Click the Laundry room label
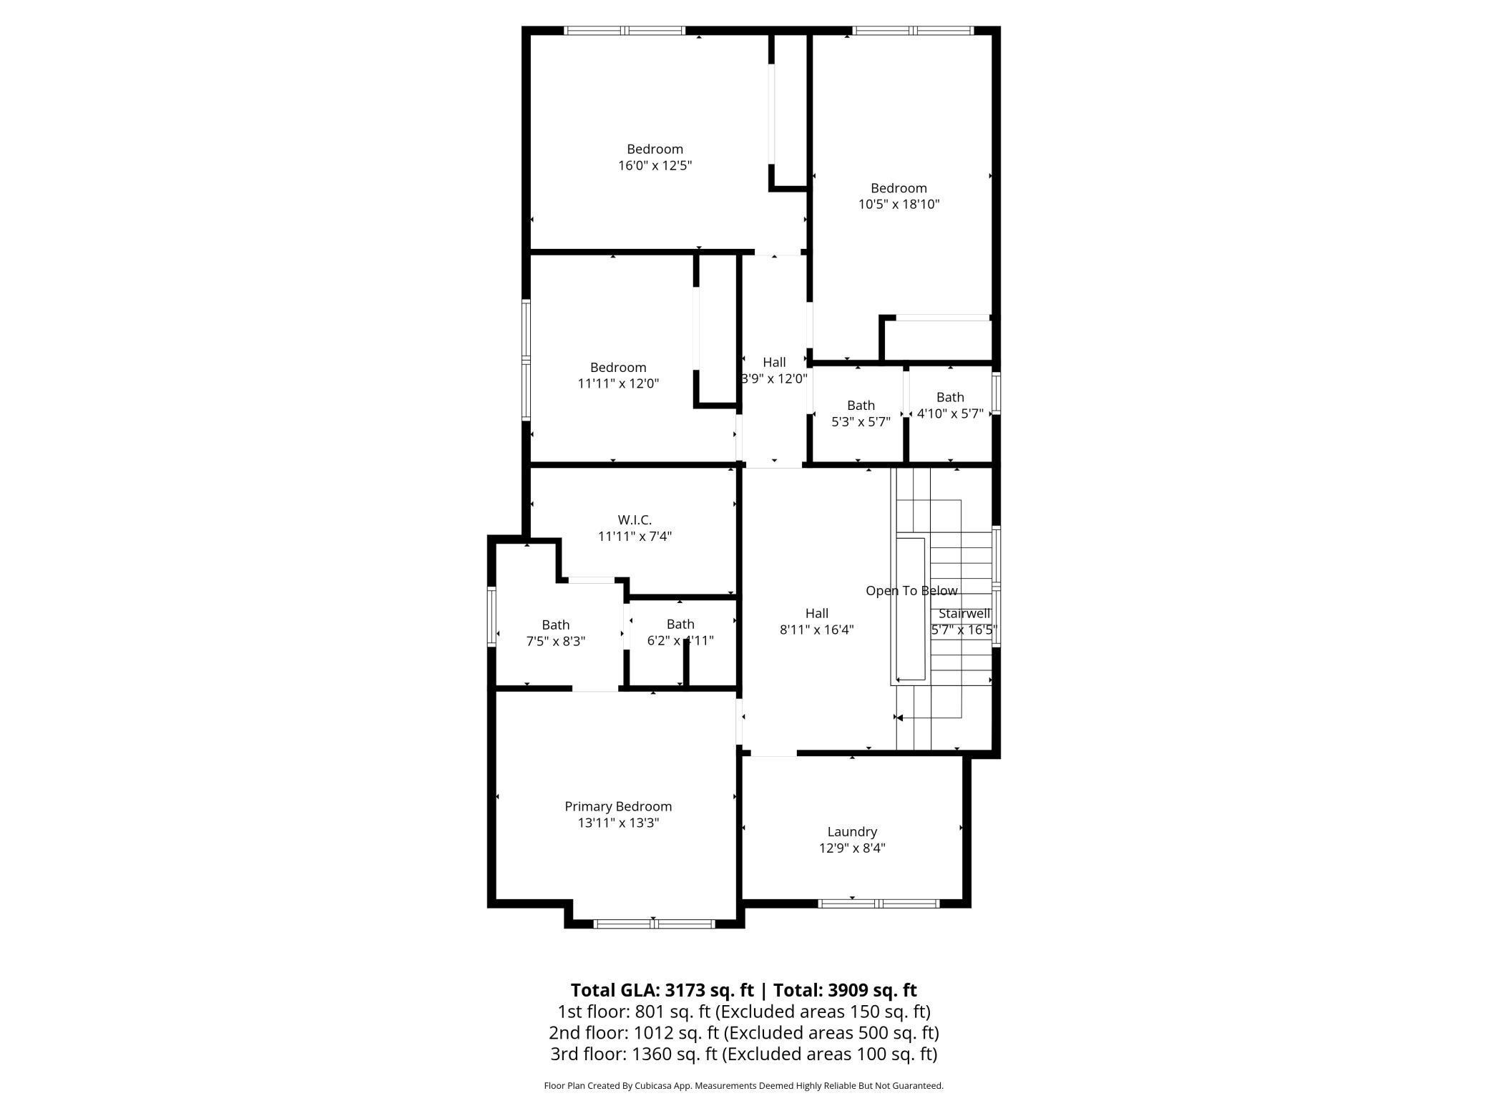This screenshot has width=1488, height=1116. [851, 831]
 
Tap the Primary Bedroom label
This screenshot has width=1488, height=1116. [618, 806]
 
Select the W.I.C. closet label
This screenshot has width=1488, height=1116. [635, 520]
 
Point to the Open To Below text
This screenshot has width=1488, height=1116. [911, 591]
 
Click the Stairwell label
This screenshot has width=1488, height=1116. [964, 614]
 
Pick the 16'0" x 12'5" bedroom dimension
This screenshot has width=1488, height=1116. [655, 166]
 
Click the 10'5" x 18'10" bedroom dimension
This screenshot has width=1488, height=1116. [899, 205]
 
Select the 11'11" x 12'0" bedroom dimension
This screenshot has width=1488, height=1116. [618, 383]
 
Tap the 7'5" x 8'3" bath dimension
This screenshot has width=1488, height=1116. [555, 642]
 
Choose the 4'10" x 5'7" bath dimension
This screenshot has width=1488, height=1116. [950, 413]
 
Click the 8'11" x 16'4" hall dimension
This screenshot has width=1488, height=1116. [816, 630]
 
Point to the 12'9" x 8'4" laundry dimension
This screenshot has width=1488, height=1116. [851, 848]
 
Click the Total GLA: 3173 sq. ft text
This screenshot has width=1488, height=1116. [662, 990]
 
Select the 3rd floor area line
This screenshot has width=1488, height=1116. [743, 1054]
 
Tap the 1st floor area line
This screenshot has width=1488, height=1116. [743, 1012]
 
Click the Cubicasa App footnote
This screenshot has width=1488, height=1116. [743, 1086]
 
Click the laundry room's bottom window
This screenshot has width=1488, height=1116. [878, 904]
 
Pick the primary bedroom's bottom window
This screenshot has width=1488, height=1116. [654, 924]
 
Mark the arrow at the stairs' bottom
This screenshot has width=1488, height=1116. [900, 718]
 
